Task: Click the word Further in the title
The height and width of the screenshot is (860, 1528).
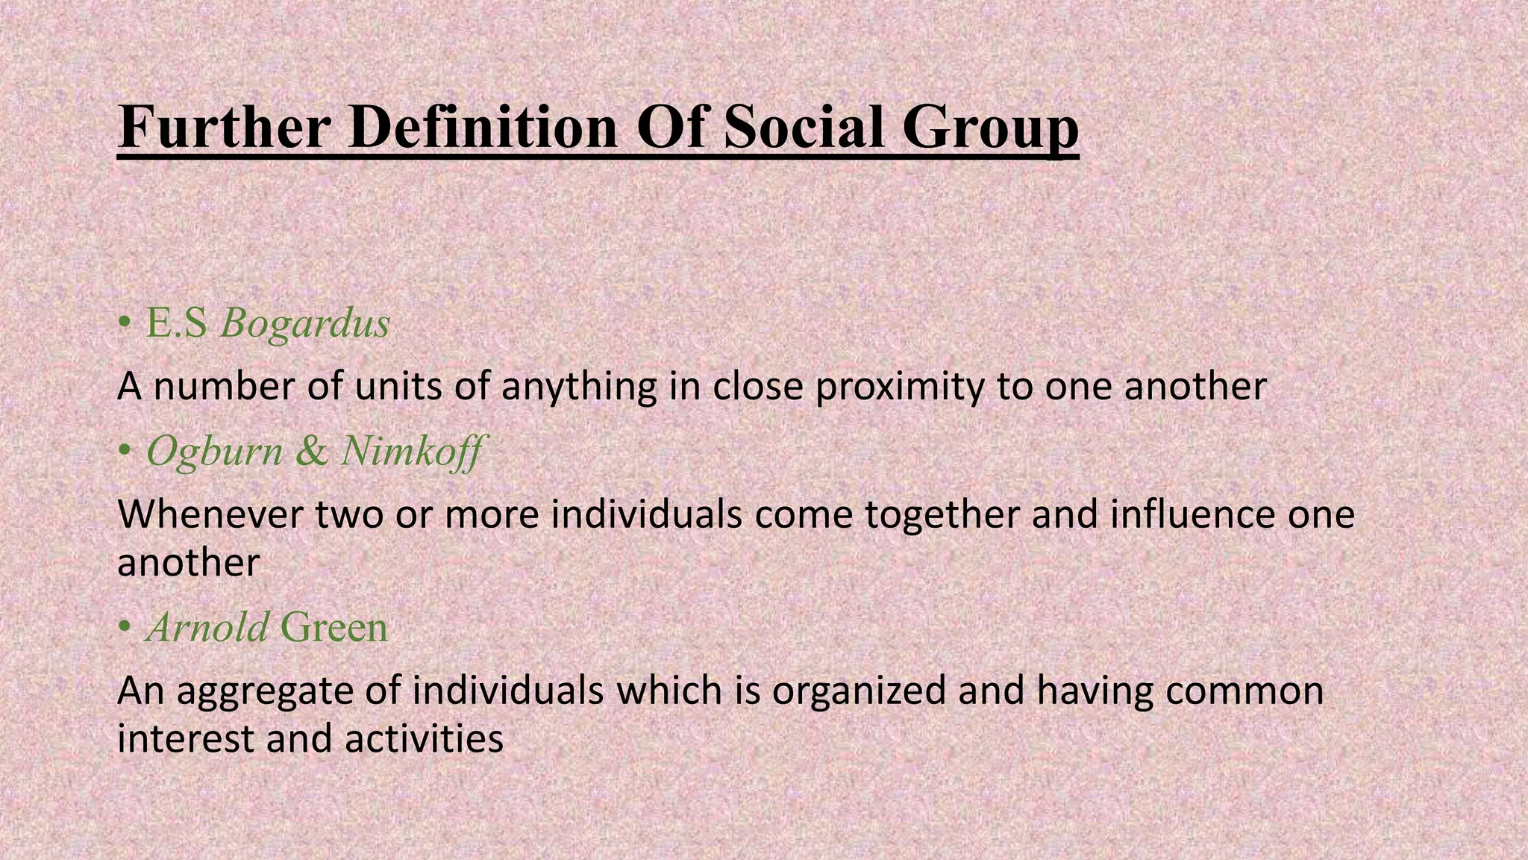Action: click(224, 128)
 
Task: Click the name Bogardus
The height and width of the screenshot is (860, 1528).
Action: click(305, 324)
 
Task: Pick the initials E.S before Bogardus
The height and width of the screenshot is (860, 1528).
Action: click(176, 324)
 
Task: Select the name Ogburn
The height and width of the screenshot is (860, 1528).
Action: click(215, 452)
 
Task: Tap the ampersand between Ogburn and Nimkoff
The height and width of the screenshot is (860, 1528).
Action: click(311, 452)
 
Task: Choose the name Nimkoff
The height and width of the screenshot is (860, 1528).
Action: click(411, 452)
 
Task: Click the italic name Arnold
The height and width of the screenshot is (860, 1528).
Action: click(207, 627)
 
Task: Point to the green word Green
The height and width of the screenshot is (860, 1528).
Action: click(334, 627)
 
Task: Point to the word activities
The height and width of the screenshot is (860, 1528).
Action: click(424, 739)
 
